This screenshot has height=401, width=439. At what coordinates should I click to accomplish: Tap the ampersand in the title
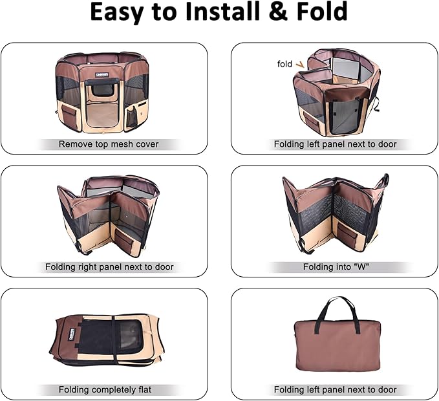tap(278, 12)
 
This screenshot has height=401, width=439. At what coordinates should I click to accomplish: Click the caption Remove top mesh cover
tap(109, 144)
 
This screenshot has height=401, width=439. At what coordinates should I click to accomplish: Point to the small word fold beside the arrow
tap(284, 64)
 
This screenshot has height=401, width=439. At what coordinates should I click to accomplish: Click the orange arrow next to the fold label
tap(300, 65)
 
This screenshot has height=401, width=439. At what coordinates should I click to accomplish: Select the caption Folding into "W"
tap(336, 267)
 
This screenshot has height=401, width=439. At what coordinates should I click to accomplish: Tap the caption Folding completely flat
tap(105, 389)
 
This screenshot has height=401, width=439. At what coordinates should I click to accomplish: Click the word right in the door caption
tap(87, 267)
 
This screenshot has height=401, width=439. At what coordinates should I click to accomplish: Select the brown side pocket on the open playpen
tap(69, 114)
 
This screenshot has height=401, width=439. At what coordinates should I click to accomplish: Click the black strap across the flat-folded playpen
tap(113, 340)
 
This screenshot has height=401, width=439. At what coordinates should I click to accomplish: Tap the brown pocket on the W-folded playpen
tap(348, 232)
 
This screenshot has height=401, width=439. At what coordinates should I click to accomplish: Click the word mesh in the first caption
tap(122, 144)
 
